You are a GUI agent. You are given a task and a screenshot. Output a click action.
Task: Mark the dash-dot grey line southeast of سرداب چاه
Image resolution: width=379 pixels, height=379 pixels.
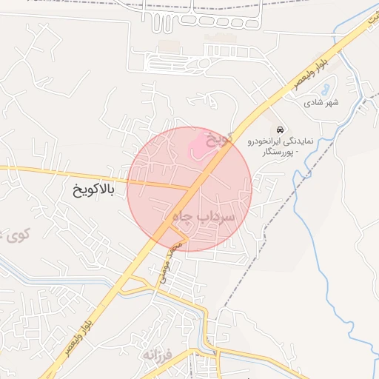coord(244,267)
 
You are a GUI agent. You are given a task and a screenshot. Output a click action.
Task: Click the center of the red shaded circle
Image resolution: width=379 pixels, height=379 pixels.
coord(189,189)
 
